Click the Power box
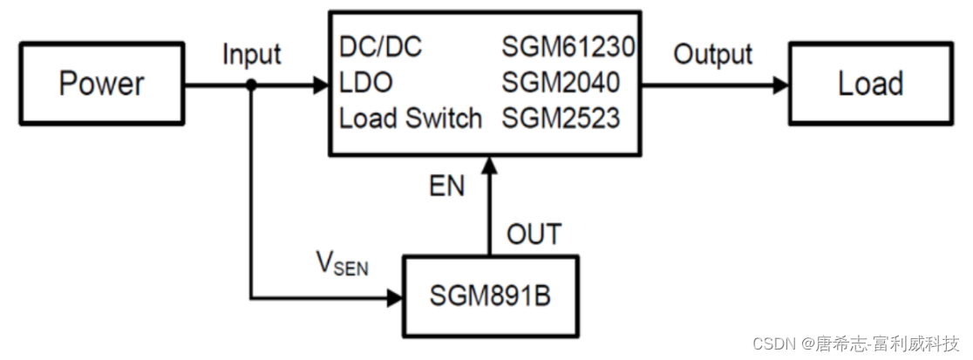(x=101, y=85)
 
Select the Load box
(x=869, y=85)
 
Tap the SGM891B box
(x=489, y=296)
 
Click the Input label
(x=251, y=54)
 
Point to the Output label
(x=712, y=54)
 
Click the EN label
(x=446, y=187)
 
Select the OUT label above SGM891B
(x=534, y=234)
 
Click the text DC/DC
(x=380, y=48)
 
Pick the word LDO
(x=365, y=84)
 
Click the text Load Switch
(x=410, y=118)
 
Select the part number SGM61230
(x=568, y=48)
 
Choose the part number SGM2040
(x=561, y=84)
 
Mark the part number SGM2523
(x=561, y=118)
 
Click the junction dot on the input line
(x=251, y=85)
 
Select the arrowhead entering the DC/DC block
(x=319, y=85)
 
